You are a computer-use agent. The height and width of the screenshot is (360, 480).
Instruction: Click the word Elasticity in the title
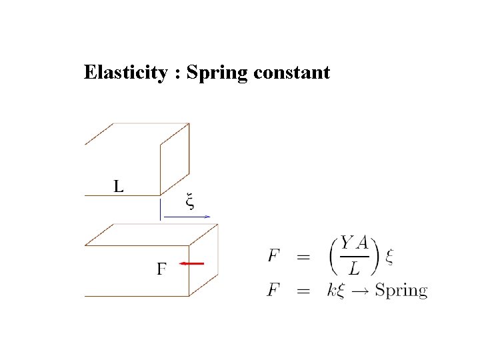125,72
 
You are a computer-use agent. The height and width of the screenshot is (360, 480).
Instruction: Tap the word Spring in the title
217,73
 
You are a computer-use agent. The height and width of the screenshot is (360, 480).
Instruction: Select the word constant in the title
291,72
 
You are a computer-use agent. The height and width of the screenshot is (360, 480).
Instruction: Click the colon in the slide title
177,73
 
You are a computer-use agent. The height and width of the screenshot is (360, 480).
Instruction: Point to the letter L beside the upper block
118,186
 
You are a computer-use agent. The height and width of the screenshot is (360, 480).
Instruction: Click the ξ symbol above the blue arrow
190,201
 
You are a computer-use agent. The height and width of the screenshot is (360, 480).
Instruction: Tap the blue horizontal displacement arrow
187,216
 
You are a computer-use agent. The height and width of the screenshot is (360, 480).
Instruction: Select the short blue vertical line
160,209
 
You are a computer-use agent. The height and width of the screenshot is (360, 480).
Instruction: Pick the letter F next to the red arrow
161,269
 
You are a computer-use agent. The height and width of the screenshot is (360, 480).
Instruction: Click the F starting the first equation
273,255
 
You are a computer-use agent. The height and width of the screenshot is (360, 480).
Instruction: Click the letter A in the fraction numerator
362,244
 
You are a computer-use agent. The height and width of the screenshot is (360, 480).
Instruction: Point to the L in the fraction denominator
355,268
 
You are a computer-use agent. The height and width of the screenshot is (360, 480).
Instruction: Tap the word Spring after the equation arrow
401,291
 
